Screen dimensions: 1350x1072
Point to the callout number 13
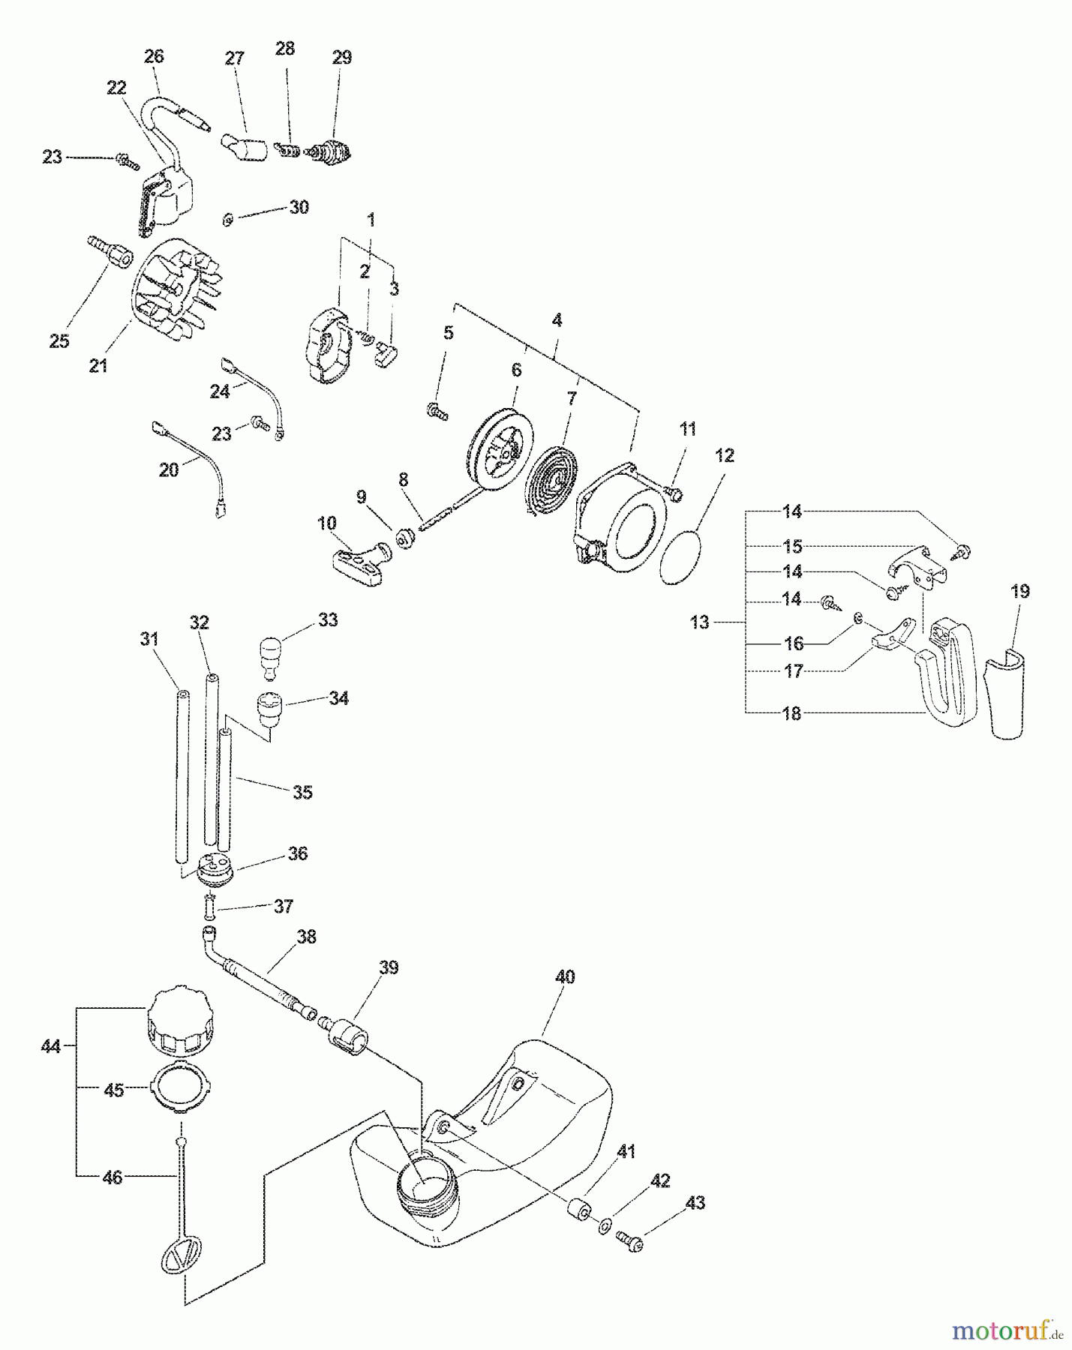tap(699, 622)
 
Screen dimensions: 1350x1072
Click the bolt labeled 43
tap(631, 1240)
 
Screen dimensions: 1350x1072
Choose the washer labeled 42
tap(604, 1227)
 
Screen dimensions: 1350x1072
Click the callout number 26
tap(154, 56)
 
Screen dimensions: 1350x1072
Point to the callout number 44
tap(50, 1045)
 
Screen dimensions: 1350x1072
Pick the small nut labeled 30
tap(228, 220)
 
